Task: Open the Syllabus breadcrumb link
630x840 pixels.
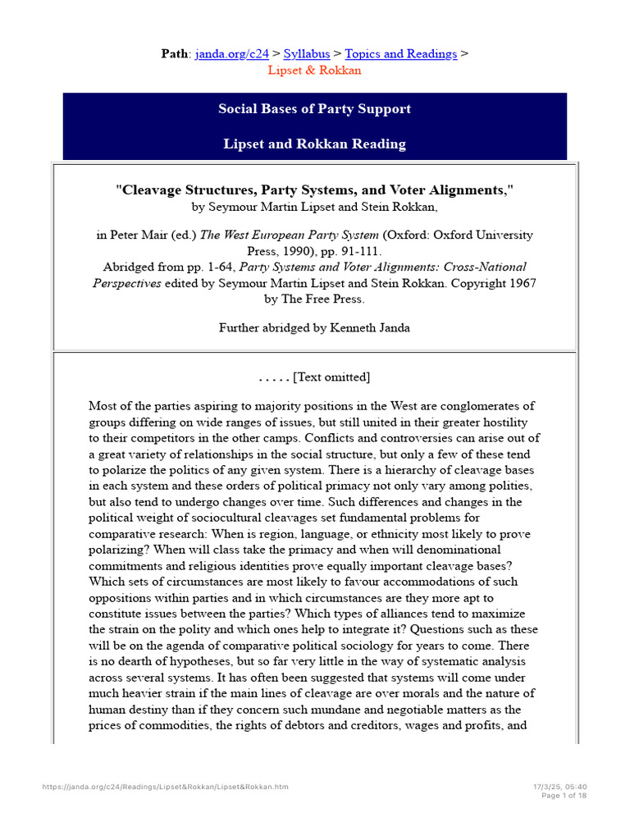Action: tap(307, 53)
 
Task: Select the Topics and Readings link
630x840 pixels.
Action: tap(401, 53)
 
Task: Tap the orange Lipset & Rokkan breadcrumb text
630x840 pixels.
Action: tap(315, 70)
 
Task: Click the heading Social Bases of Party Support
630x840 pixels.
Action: tap(315, 109)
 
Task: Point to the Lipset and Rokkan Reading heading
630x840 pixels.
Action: tap(315, 144)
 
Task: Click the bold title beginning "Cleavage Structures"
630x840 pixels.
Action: tap(315, 189)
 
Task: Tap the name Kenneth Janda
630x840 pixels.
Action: tap(370, 327)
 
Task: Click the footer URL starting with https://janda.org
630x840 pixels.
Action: tap(165, 787)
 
